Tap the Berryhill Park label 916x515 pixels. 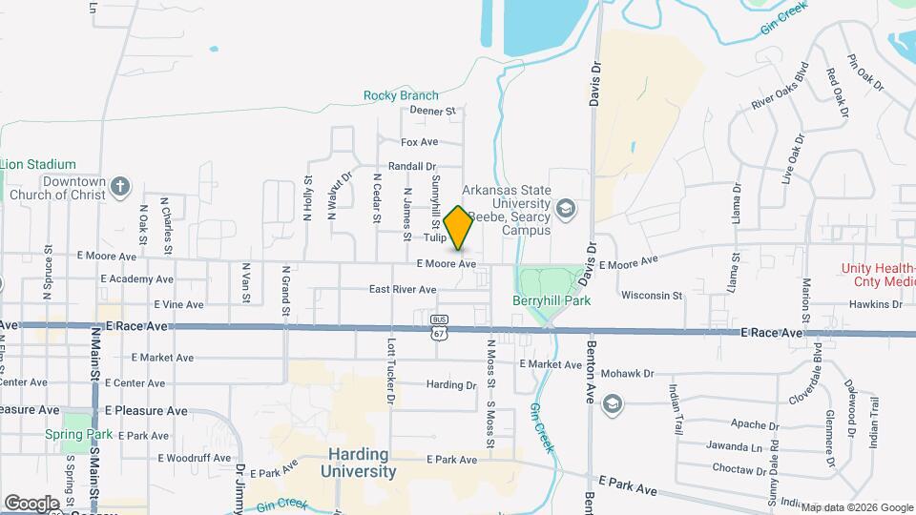coord(552,300)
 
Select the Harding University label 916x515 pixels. coord(358,463)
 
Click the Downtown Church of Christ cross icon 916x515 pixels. coord(119,186)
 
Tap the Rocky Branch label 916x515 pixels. coord(401,95)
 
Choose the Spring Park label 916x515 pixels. coord(78,434)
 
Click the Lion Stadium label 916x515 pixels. coord(38,165)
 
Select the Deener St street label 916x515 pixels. coord(434,111)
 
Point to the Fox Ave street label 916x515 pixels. coord(419,142)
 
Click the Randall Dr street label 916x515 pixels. coord(412,166)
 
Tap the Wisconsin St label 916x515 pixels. coord(652,296)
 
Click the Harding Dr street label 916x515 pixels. coord(450,385)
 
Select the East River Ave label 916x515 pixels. coord(403,289)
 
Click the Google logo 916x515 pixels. coord(31,503)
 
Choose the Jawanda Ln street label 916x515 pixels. coord(735,445)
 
